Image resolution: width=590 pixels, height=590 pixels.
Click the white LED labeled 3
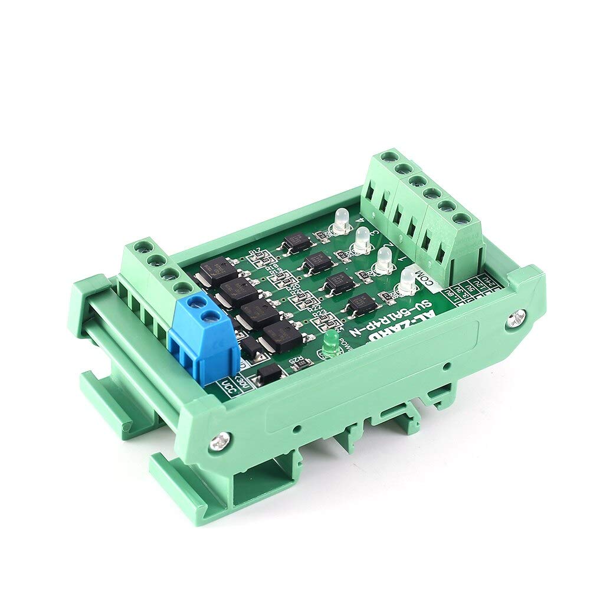coord(362,238)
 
